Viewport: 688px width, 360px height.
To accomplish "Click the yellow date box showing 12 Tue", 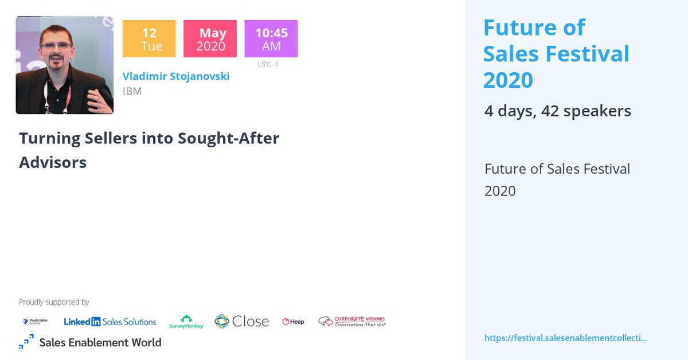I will click(149, 39).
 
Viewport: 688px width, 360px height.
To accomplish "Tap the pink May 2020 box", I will click(210, 39).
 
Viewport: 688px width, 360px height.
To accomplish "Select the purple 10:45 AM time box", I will click(271, 39).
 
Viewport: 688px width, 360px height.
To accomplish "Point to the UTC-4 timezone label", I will click(268, 64).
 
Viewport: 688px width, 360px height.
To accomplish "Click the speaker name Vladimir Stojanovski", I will click(176, 76).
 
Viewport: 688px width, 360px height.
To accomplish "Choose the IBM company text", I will click(132, 91).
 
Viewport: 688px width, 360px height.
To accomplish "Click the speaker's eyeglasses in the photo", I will click(56, 45).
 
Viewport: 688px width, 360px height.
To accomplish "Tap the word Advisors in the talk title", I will click(53, 162).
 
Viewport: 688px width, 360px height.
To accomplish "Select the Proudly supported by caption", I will click(54, 302).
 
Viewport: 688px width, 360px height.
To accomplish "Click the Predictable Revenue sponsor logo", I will click(35, 322).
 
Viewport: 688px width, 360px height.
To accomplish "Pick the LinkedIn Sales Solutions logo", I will click(110, 322).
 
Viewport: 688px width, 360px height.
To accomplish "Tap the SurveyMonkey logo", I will click(186, 322).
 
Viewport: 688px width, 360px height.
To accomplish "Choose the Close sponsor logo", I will click(241, 321).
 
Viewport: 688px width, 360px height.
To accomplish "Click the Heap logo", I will click(293, 322).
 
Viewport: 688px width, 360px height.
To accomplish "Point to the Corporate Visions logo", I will click(351, 321).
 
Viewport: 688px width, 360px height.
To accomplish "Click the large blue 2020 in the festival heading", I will click(507, 80).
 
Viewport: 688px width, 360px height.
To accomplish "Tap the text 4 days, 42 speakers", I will click(557, 111).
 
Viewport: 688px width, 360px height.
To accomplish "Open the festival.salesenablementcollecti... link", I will click(565, 338).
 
